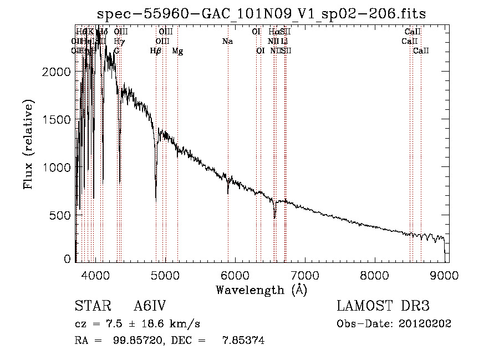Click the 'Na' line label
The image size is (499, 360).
click(227, 42)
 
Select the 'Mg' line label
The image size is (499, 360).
click(177, 51)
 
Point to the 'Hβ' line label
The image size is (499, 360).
click(156, 51)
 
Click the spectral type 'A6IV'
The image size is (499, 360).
click(150, 306)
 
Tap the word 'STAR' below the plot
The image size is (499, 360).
click(89, 306)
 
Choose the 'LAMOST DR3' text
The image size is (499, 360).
click(383, 306)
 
